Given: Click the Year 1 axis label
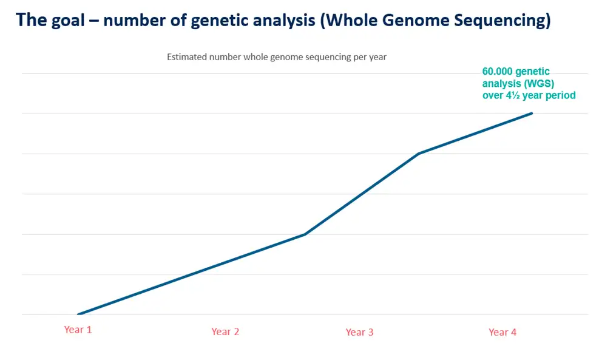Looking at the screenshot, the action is coord(78,330).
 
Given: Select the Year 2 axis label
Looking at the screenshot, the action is coord(225,331).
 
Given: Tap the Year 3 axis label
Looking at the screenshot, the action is coord(359,332).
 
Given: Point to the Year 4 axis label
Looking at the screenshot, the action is coord(502,332).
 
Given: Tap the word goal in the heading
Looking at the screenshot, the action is coord(67,21).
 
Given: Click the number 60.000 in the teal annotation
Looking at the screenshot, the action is coord(498,72).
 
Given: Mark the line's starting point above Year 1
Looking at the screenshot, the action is coord(78,314).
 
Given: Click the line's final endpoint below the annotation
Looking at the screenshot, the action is coord(532,114).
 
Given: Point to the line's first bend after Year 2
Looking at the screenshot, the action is coord(305,234).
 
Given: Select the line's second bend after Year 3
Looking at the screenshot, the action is coord(419,154).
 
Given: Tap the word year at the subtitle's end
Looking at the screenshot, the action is coord(378,58).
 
